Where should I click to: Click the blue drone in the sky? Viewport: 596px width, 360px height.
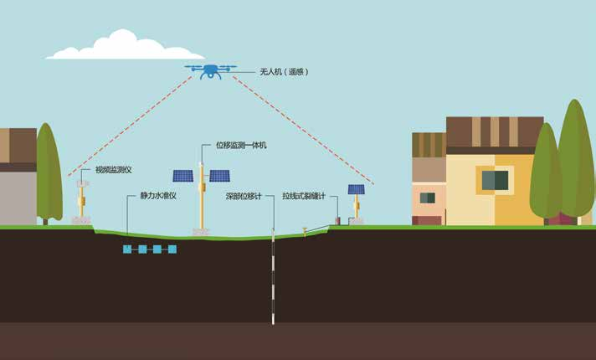[210, 71]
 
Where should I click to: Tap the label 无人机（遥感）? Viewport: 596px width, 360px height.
[284, 71]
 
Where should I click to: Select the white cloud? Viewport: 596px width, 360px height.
[125, 45]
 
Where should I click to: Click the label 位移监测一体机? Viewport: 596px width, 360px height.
[241, 145]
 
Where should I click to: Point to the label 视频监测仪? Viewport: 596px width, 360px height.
[113, 170]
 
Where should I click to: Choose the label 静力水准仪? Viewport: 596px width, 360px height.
[158, 196]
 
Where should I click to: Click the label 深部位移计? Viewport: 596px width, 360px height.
[244, 196]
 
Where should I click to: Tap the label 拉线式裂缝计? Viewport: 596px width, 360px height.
[304, 196]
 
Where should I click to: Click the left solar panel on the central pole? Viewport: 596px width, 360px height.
[183, 176]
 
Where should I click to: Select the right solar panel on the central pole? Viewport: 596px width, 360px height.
[219, 176]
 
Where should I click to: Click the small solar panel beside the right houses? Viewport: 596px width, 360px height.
[356, 189]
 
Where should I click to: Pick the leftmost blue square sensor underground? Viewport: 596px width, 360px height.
[127, 249]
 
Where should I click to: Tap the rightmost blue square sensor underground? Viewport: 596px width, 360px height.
[172, 249]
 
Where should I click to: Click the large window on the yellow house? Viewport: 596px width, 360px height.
[495, 180]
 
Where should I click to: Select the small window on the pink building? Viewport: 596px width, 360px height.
[428, 198]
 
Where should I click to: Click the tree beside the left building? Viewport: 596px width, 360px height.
[49, 173]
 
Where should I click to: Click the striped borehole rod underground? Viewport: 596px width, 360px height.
[273, 276]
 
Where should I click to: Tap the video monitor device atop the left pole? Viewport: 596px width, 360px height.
[82, 183]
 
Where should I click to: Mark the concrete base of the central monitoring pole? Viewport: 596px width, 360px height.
[201, 232]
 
